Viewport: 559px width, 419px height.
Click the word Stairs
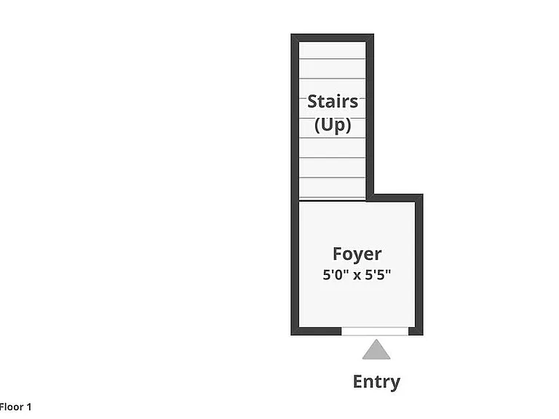333,102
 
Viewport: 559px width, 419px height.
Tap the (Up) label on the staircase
333,125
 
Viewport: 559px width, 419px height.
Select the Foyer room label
357,255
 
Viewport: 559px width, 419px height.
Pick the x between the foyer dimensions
357,276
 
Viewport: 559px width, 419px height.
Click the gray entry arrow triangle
376,349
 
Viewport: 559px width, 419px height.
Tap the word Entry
376,382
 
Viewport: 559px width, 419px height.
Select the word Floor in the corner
11,407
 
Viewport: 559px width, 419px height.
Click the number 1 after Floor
29,407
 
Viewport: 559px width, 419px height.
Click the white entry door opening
375,332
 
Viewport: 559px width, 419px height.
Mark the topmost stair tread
332,50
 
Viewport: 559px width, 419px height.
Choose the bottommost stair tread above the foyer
332,188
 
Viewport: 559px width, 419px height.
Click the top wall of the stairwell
332,38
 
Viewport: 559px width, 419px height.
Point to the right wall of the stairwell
370,118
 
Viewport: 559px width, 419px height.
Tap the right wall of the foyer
419,265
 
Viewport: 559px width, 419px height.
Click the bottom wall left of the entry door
316,332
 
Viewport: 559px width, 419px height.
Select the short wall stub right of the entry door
416,332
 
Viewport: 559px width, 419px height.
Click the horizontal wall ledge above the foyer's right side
395,198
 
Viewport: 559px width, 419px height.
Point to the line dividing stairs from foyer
332,201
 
